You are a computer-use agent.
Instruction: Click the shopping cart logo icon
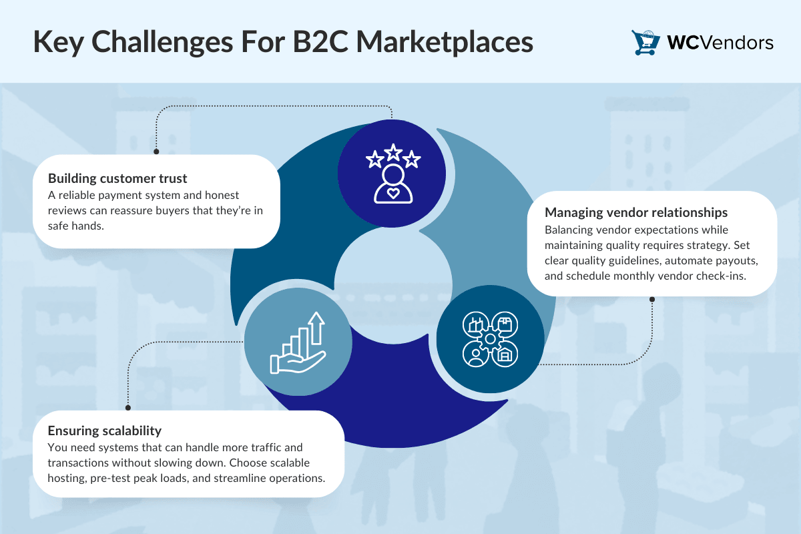(645, 43)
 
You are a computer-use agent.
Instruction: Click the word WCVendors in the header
(720, 43)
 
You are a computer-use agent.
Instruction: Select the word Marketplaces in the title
(445, 43)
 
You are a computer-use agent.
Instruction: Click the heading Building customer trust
(117, 178)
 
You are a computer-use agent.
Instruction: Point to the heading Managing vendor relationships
(635, 212)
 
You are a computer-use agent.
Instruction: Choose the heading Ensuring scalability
(104, 431)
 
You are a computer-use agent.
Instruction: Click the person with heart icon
(393, 184)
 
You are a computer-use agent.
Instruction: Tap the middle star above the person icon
(393, 152)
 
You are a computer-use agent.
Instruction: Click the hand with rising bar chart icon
(298, 342)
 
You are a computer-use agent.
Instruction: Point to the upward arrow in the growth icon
(316, 328)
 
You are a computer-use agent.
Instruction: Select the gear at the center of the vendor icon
(490, 338)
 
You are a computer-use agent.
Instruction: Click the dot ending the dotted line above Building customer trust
(156, 152)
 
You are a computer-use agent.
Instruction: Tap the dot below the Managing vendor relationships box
(652, 299)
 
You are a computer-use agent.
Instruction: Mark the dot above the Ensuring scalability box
(128, 408)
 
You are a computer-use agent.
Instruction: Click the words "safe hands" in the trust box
(75, 226)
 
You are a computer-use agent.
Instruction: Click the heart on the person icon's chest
(393, 194)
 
